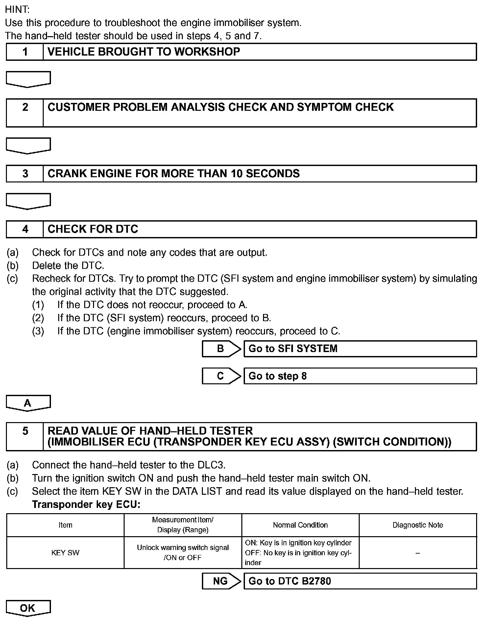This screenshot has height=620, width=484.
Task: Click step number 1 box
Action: click(x=25, y=52)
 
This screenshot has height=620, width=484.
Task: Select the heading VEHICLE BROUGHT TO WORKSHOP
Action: click(x=144, y=52)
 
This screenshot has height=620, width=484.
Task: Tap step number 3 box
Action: click(x=25, y=174)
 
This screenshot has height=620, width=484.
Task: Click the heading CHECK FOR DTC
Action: click(x=93, y=229)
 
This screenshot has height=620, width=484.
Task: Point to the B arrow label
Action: click(x=221, y=349)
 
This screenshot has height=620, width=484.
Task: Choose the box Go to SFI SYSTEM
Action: click(x=360, y=349)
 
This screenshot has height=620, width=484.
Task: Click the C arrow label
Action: click(x=221, y=376)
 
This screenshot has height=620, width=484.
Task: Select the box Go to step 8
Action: click(x=360, y=376)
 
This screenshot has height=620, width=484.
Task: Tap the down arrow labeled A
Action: click(x=28, y=403)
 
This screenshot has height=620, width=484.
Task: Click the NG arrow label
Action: click(x=221, y=581)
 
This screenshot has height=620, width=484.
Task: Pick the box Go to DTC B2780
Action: click(x=360, y=581)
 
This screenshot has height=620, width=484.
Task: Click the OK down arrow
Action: click(x=28, y=608)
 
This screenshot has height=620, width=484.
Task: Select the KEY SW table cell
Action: click(x=65, y=553)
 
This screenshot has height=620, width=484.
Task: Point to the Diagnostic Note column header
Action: click(x=418, y=525)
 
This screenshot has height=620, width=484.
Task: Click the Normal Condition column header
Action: click(x=300, y=525)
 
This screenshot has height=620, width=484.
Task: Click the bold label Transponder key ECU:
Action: click(x=86, y=505)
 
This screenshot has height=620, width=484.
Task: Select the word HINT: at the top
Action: click(x=17, y=10)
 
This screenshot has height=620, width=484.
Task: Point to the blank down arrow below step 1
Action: click(x=28, y=79)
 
